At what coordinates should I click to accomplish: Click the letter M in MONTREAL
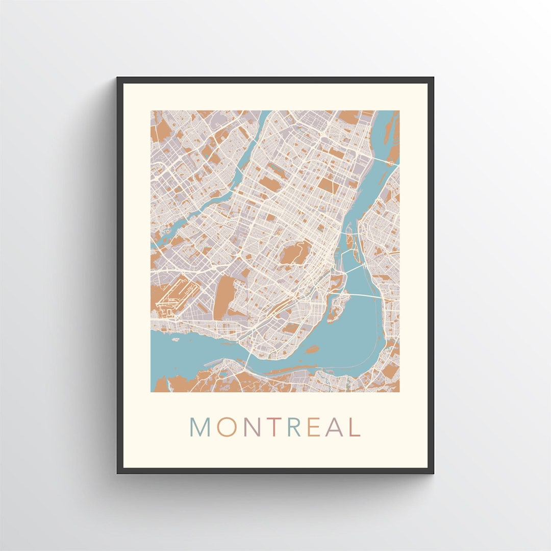(x=200, y=427)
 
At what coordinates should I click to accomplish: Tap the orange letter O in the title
(x=226, y=427)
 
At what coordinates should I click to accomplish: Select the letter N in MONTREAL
(x=252, y=427)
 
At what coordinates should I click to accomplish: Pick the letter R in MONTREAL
(x=295, y=427)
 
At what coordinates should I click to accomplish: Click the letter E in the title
(x=315, y=427)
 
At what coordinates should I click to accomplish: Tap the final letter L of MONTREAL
(x=355, y=427)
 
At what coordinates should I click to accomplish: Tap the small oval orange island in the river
(x=312, y=349)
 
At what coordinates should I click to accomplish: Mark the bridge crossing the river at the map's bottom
(x=247, y=362)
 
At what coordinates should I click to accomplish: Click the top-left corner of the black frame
(x=118, y=78)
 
